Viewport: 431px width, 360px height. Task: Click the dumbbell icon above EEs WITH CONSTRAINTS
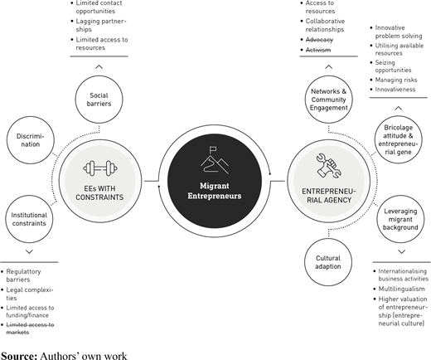point(100,168)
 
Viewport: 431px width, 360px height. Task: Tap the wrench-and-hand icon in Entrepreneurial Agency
point(329,166)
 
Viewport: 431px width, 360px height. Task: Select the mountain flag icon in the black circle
point(215,160)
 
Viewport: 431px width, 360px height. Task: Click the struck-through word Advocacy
point(319,40)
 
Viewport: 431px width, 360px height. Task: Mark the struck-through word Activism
point(318,50)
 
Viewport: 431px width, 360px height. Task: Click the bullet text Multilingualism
point(401,289)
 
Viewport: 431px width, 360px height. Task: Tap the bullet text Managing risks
point(396,80)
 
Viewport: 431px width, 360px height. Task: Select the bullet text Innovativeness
point(395,90)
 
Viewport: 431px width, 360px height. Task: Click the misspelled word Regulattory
point(23,271)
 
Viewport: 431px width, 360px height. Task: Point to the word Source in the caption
point(19,356)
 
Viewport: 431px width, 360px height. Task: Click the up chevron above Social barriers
point(99,66)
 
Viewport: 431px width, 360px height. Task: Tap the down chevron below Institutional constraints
point(29,251)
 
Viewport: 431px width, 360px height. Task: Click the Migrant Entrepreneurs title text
point(215,191)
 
